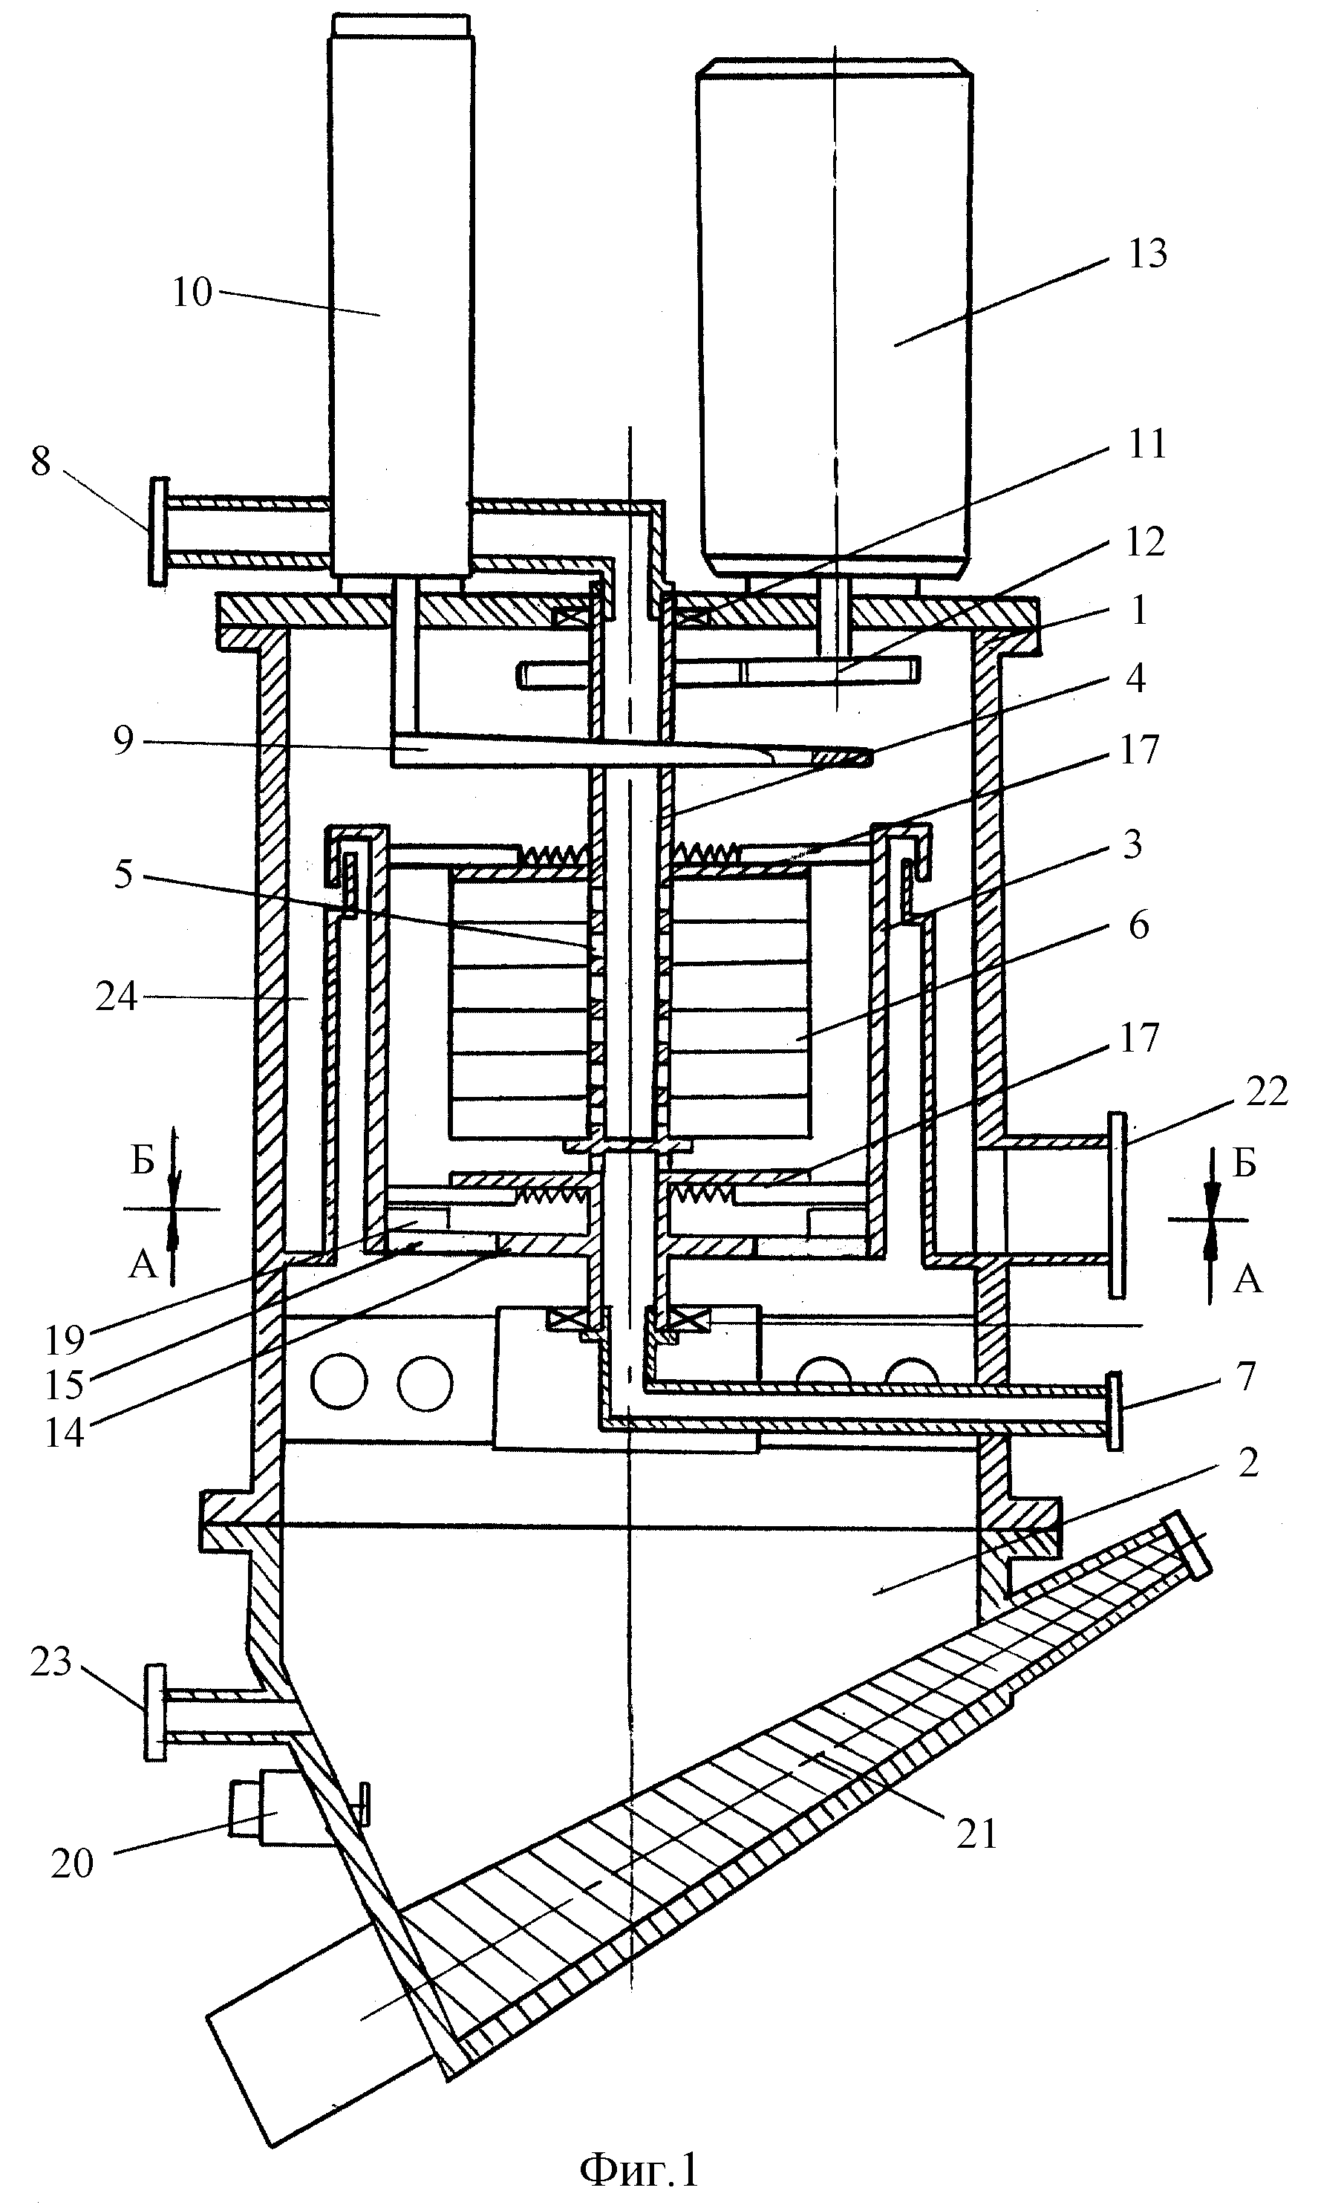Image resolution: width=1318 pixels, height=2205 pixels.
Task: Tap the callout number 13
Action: tap(1146, 254)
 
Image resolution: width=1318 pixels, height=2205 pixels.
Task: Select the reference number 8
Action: tap(41, 462)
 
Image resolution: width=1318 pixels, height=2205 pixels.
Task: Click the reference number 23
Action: tap(50, 1661)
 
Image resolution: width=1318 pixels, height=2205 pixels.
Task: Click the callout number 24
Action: tap(117, 997)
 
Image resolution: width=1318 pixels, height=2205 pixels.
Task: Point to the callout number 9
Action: tap(123, 740)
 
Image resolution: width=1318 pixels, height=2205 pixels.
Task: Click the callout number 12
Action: tap(1145, 541)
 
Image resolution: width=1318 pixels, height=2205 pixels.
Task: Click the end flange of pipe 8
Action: tap(158, 531)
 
